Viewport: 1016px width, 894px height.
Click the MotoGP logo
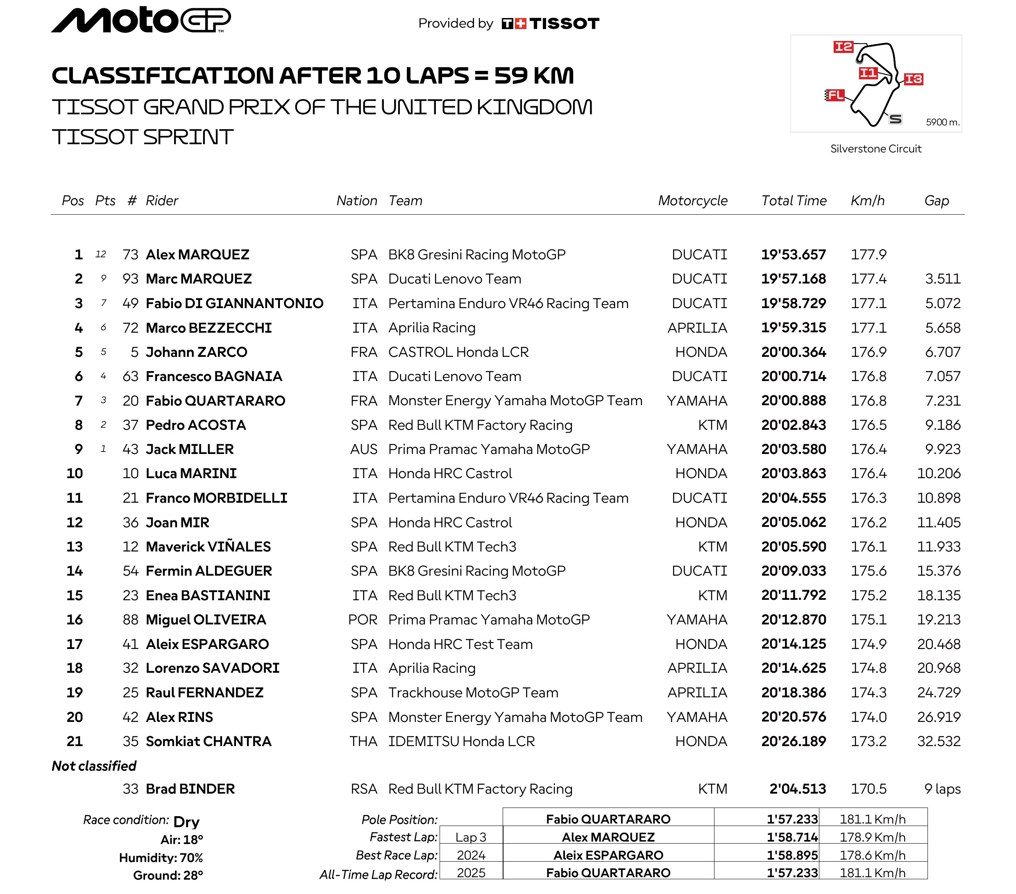pyautogui.click(x=141, y=20)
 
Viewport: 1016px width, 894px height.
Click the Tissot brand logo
pyautogui.click(x=550, y=23)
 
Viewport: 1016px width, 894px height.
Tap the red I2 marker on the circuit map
pyautogui.click(x=843, y=47)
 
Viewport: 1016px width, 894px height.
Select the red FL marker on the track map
pyautogui.click(x=835, y=95)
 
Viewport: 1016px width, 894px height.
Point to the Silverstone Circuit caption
pyautogui.click(x=875, y=149)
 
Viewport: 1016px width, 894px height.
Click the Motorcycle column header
pyautogui.click(x=692, y=200)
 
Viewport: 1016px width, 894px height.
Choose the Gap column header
pyautogui.click(x=936, y=200)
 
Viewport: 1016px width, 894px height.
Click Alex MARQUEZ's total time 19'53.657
pyautogui.click(x=793, y=254)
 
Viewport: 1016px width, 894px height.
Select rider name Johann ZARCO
pyautogui.click(x=196, y=352)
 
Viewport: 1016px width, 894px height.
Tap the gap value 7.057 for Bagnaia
pyautogui.click(x=942, y=377)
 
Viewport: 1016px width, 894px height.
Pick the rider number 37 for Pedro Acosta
pyautogui.click(x=130, y=425)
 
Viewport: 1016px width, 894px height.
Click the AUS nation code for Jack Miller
pyautogui.click(x=363, y=449)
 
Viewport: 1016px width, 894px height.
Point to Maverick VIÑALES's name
pyautogui.click(x=208, y=547)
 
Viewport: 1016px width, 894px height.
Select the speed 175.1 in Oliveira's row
pyautogui.click(x=869, y=619)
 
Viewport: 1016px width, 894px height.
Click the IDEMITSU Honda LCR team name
pyautogui.click(x=461, y=741)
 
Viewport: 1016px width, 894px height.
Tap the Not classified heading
pyautogui.click(x=94, y=766)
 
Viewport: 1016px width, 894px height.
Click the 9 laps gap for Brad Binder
pyautogui.click(x=942, y=789)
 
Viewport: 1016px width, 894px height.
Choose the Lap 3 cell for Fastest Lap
pyautogui.click(x=471, y=837)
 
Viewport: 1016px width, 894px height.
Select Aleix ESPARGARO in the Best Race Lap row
pyautogui.click(x=608, y=855)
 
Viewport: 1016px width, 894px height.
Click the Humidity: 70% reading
pyautogui.click(x=161, y=858)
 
